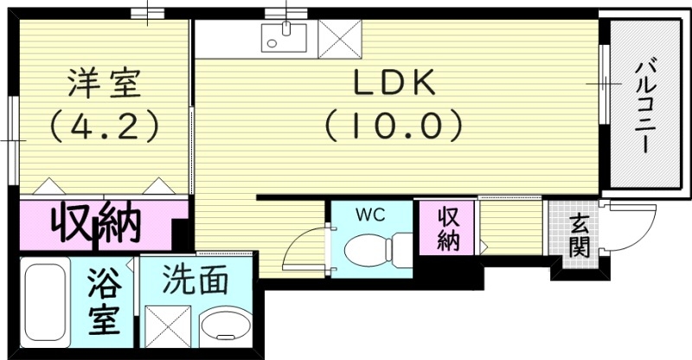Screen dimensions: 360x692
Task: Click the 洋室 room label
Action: click(103, 84)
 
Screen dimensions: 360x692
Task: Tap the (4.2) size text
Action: click(103, 126)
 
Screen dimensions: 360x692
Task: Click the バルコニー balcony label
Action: click(644, 104)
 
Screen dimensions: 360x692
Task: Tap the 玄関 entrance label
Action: click(579, 235)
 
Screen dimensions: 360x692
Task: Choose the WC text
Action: click(372, 213)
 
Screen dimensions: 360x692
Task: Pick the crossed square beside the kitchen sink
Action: click(333, 36)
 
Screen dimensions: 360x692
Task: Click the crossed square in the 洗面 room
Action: click(170, 329)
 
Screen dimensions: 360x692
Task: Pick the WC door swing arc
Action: click(304, 247)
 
